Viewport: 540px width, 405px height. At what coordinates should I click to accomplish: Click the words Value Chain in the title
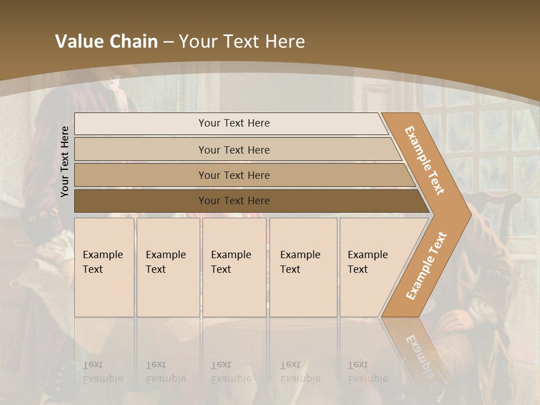[x=106, y=42]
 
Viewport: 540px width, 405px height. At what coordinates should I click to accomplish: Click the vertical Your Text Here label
[x=65, y=161]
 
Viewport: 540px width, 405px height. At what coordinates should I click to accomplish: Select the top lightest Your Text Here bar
[x=233, y=123]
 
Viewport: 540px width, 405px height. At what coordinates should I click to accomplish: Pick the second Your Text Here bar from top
[x=233, y=150]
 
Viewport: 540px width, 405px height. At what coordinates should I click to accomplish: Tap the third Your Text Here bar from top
[x=233, y=175]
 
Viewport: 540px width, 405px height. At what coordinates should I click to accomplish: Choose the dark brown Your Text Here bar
[x=233, y=201]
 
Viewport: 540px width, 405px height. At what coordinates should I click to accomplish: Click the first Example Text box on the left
[x=104, y=267]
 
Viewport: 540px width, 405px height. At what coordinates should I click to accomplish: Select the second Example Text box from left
[x=168, y=267]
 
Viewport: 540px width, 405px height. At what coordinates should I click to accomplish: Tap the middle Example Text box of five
[x=234, y=267]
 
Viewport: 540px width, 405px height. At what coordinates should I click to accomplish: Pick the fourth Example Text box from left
[x=303, y=267]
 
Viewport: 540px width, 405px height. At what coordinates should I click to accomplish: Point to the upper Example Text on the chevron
[x=425, y=160]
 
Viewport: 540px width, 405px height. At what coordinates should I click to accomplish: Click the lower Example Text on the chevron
[x=426, y=265]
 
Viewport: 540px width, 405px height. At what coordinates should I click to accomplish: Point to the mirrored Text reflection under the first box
[x=93, y=364]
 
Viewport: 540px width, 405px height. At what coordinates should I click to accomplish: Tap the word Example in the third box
[x=231, y=255]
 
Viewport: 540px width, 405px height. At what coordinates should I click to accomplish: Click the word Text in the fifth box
[x=357, y=269]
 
